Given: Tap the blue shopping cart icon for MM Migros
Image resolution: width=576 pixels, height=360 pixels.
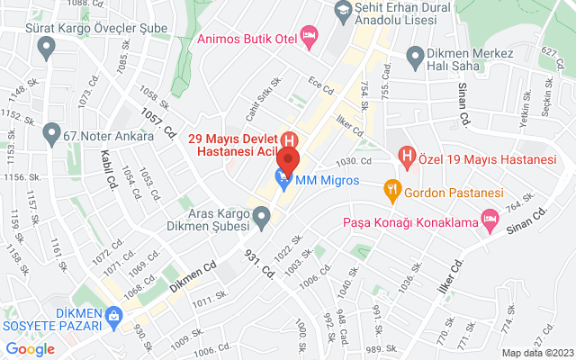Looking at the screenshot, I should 283,181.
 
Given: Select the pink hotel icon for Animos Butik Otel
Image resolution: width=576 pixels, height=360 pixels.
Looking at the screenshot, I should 310,38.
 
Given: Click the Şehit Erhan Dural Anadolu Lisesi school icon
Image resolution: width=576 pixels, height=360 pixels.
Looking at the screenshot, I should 342,12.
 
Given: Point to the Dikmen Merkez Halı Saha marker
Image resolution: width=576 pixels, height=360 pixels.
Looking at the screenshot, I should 414,58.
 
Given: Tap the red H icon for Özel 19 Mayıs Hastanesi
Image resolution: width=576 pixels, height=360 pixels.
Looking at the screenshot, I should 407,158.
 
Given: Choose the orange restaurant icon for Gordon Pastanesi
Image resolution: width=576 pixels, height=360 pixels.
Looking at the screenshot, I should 391,189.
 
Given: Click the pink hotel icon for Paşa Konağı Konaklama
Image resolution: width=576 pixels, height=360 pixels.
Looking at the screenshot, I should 490,218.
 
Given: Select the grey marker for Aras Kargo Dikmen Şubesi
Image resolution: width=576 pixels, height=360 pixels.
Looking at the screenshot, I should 262,216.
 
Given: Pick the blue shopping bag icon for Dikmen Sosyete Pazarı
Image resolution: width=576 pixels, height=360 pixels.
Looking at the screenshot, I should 114,317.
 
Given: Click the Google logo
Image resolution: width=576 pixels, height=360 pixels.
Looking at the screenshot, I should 31,349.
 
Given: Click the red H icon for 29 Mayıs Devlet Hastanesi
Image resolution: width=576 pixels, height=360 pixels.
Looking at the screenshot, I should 290,140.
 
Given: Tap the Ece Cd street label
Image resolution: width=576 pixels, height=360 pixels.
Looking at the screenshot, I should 321,88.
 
